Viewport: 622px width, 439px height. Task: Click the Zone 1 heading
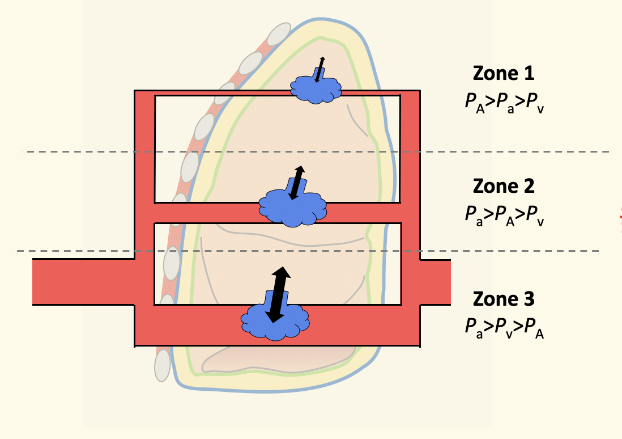click(503, 73)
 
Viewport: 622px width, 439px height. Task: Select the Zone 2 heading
click(503, 185)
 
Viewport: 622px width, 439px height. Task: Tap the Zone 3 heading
click(503, 298)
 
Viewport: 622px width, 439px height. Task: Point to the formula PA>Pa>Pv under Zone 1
click(503, 102)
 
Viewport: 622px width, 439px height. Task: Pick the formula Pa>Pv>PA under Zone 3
click(503, 327)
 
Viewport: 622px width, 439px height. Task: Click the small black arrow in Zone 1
click(320, 69)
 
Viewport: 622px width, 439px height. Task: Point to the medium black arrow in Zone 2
click(296, 182)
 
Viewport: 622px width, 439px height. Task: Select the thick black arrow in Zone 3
click(278, 294)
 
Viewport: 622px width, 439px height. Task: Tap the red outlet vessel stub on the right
click(435, 282)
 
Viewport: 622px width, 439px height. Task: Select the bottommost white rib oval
click(163, 365)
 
